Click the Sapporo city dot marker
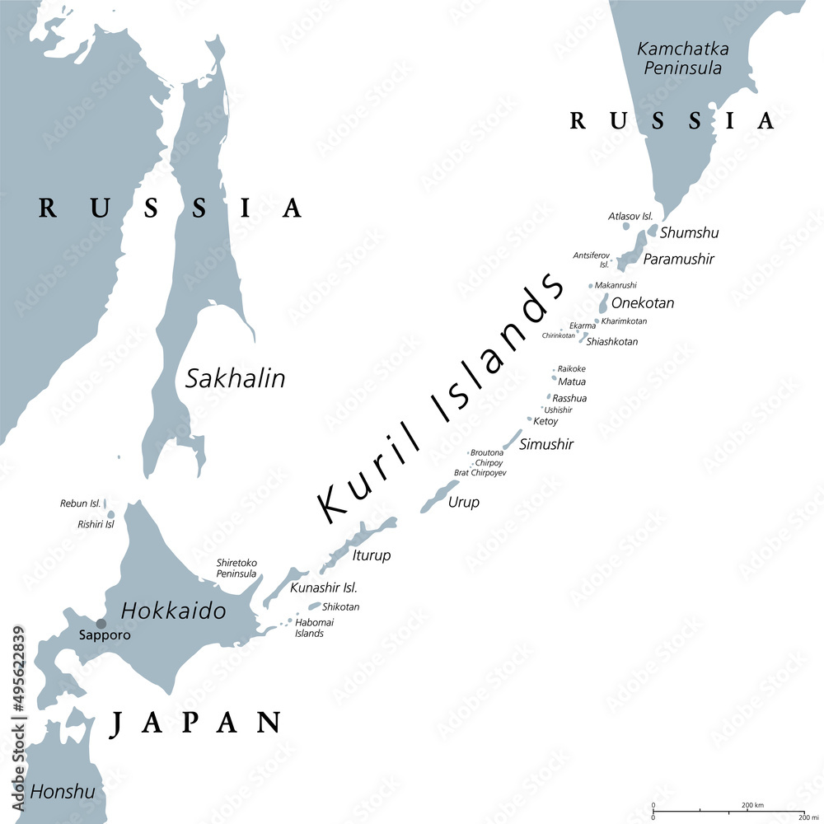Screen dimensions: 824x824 click(101, 624)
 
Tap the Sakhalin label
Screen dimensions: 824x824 click(236, 378)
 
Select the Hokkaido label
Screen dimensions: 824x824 click(173, 611)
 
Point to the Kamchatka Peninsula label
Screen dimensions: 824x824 click(680, 59)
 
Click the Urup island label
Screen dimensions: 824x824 click(463, 502)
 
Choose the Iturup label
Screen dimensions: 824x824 click(371, 555)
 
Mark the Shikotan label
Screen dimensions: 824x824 click(340, 607)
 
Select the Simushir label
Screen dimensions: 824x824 click(546, 444)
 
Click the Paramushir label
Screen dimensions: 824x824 click(678, 260)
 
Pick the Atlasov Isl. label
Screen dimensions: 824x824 click(630, 216)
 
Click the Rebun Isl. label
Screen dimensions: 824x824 click(80, 503)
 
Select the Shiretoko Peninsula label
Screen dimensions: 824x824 click(236, 568)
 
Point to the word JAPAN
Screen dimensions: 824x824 click(196, 722)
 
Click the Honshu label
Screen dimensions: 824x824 click(63, 792)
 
